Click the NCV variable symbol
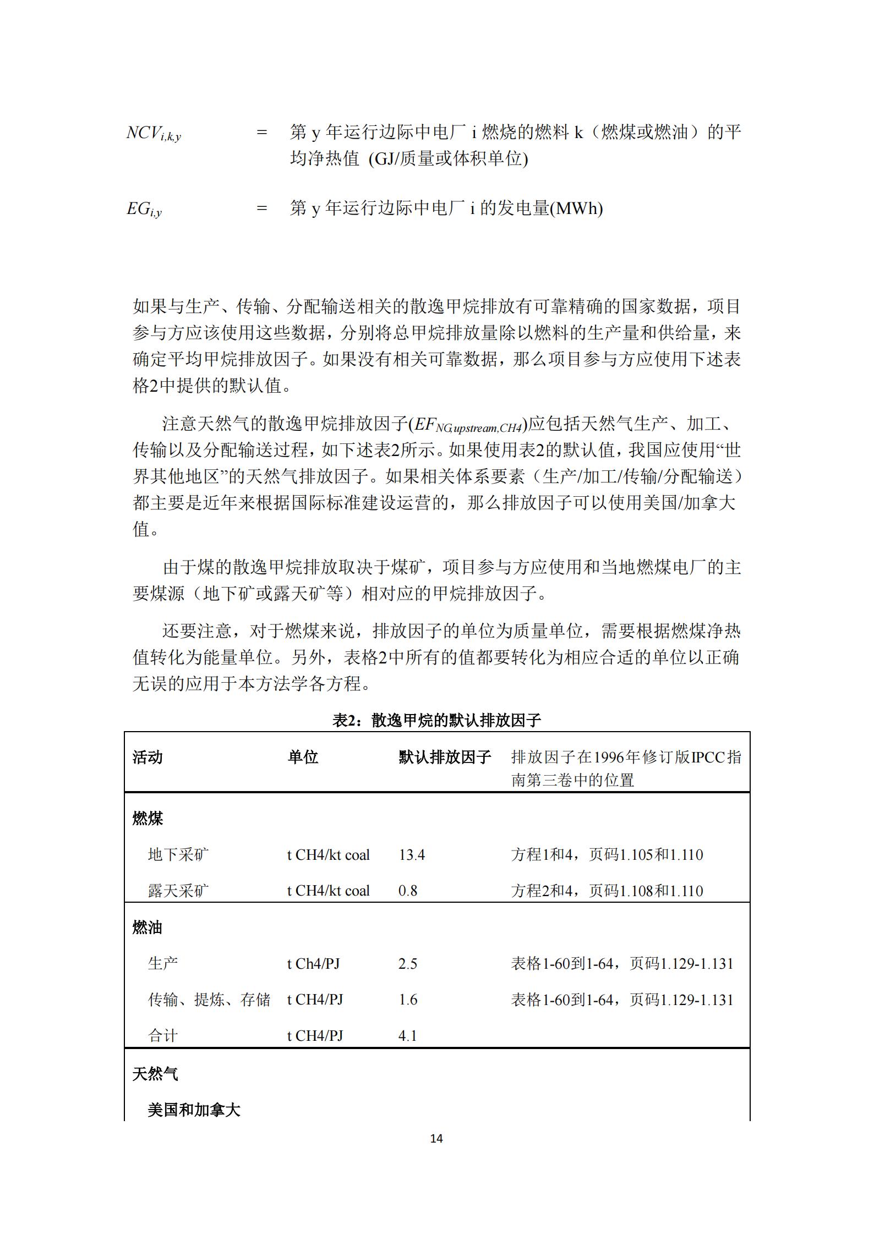153,134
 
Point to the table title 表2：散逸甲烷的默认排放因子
436,720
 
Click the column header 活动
148,758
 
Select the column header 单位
303,758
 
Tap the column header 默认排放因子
444,758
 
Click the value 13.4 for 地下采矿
412,855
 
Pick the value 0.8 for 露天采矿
408,891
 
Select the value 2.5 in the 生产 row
408,964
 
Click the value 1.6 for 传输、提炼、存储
408,1000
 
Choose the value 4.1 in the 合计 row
408,1036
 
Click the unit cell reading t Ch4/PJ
314,964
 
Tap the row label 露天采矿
178,891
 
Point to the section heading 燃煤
148,819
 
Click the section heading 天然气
155,1074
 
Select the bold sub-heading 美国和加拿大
194,1110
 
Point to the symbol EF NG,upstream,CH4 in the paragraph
467,425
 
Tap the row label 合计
163,1036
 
